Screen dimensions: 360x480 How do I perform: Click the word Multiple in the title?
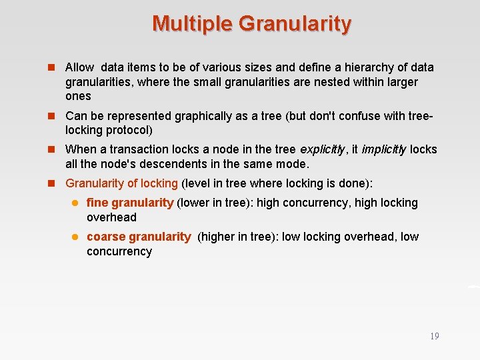192,24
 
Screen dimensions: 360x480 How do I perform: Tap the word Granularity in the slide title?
295,24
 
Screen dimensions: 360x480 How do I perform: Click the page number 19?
434,336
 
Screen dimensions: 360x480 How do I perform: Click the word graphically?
203,116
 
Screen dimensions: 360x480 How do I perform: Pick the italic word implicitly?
384,150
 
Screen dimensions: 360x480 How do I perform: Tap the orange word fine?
97,203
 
